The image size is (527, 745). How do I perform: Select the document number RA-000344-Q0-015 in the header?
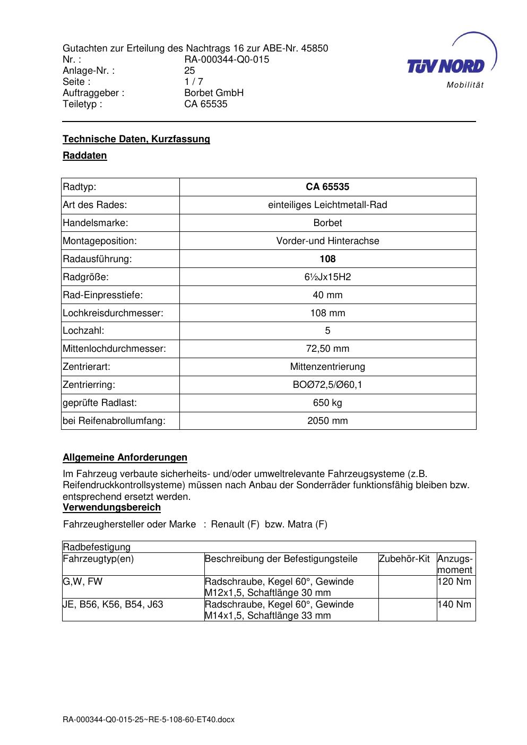[x=227, y=59]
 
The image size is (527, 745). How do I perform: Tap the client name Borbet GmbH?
[x=214, y=93]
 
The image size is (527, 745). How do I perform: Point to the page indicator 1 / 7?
[x=194, y=82]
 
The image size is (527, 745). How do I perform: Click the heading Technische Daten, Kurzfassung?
[x=136, y=139]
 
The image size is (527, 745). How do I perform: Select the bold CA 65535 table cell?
[x=327, y=187]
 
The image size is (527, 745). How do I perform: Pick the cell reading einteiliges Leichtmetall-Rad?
[x=327, y=205]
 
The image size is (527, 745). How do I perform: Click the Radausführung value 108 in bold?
[x=327, y=259]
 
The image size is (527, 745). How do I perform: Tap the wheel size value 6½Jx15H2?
[x=327, y=277]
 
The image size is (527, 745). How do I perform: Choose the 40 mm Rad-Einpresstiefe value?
[x=327, y=295]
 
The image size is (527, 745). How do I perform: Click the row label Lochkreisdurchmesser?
[x=113, y=313]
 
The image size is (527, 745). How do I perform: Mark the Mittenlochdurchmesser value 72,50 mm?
[x=327, y=349]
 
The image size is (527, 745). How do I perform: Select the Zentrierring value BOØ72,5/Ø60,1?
[x=327, y=385]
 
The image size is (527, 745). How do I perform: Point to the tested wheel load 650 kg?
[x=327, y=403]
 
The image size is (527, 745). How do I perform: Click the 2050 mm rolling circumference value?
[x=327, y=421]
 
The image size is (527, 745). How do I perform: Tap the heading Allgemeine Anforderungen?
[x=125, y=457]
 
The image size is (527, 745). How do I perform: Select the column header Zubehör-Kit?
[x=404, y=559]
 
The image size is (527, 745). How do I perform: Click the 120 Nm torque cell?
[x=454, y=582]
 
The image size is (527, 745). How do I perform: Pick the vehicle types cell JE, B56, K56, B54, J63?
[x=113, y=604]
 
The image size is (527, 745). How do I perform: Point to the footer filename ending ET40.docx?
[x=149, y=720]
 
